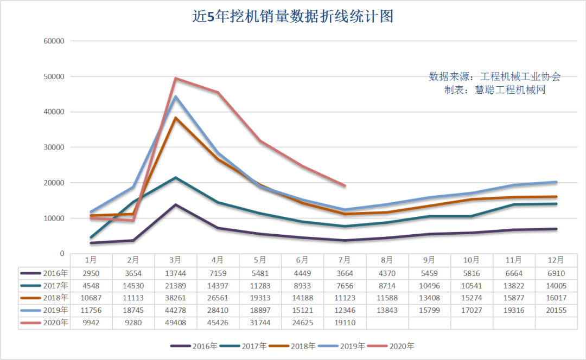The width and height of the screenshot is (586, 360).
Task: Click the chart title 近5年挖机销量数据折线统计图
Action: tap(293, 16)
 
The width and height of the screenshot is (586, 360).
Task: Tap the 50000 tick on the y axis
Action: tap(54, 76)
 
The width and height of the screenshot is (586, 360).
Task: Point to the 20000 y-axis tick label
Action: tap(54, 183)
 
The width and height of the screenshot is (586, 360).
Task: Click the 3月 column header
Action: tap(176, 260)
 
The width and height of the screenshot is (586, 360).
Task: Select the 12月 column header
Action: tap(556, 260)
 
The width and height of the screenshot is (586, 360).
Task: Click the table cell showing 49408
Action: tap(176, 323)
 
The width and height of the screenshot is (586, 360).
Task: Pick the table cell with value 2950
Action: tap(91, 273)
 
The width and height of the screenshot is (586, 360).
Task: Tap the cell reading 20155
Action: tap(556, 310)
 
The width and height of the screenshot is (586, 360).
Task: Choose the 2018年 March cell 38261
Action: tap(176, 298)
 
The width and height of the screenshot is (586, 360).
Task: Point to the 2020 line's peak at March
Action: tap(176, 79)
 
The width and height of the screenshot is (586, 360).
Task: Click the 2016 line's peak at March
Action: tap(176, 204)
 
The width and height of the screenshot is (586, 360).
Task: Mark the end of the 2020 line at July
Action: tap(345, 185)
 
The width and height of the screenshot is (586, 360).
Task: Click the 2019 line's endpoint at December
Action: tap(556, 182)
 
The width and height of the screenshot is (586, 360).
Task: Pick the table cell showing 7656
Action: tap(345, 285)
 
